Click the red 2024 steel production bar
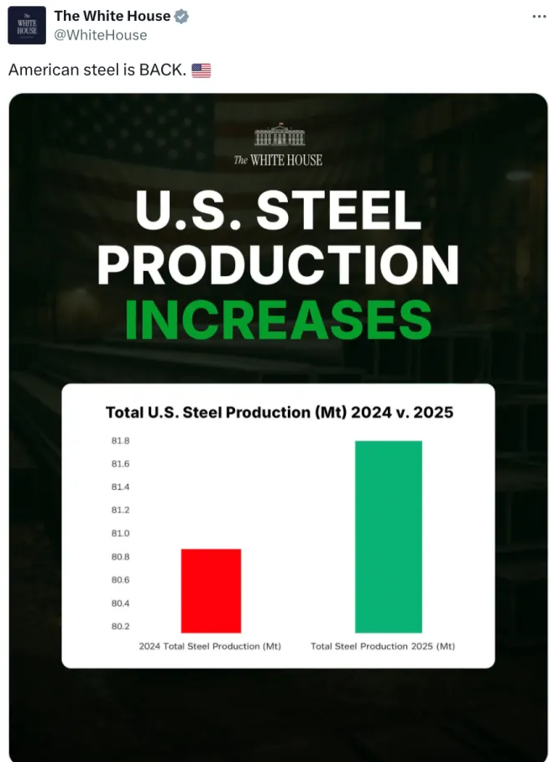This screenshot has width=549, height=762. (x=211, y=591)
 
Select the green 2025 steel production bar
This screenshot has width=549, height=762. (x=388, y=536)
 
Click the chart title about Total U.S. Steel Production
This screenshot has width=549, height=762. (x=279, y=412)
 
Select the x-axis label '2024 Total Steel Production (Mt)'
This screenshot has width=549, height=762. (x=210, y=646)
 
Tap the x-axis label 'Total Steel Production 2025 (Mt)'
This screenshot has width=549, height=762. (x=383, y=646)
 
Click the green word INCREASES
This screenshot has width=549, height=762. (x=278, y=319)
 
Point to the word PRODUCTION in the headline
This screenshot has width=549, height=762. (x=278, y=264)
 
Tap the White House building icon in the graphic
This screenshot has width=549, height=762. (x=278, y=135)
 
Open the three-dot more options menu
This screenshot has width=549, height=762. (x=539, y=17)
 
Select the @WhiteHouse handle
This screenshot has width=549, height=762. (x=100, y=35)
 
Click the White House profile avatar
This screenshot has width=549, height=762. (x=27, y=25)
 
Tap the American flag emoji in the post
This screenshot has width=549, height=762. (x=201, y=70)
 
